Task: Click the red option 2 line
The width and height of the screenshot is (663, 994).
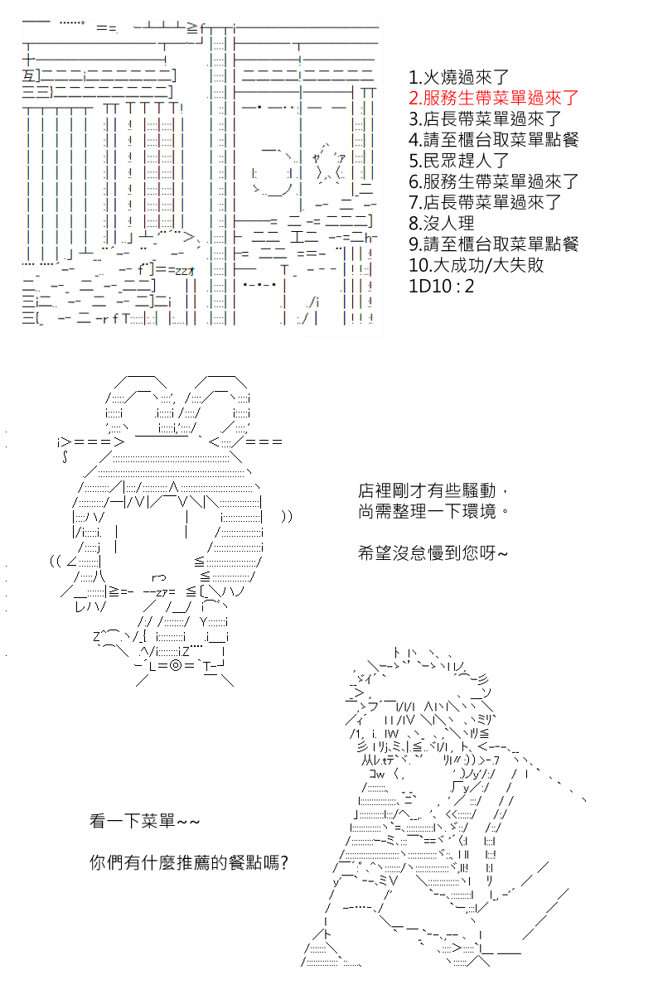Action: point(493,98)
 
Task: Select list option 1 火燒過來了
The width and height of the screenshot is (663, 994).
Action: point(458,77)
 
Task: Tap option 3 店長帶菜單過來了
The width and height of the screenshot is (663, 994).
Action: point(485,119)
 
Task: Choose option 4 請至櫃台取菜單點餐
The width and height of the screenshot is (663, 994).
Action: point(493,140)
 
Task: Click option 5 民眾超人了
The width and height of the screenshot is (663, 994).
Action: point(458,161)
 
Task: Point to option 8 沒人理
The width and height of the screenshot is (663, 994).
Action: point(442,223)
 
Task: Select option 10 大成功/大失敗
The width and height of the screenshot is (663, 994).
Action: point(476,265)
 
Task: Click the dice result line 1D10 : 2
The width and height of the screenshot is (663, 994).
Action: point(442,286)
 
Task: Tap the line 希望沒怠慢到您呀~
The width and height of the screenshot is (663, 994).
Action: point(432,553)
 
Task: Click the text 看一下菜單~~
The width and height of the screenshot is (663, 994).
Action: point(145,821)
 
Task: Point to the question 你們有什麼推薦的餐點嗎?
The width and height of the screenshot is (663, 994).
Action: point(189,862)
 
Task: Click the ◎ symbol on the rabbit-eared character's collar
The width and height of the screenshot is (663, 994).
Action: point(176,666)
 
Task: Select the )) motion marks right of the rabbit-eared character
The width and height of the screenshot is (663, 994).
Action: point(287,516)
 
